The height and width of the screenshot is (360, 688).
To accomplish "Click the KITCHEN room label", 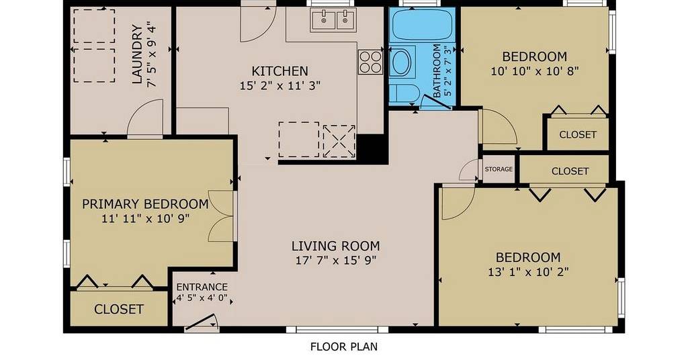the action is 279,71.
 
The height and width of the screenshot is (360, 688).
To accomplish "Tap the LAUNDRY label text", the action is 137,54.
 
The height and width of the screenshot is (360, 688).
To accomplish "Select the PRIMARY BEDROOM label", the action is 145,204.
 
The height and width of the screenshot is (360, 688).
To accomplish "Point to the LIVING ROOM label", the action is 336,246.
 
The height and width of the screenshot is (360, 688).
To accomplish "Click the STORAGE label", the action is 499,169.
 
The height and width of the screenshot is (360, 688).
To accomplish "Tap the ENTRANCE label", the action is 202,287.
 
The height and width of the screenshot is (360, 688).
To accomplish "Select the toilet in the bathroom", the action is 403,93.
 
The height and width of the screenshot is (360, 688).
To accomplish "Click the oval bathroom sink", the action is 400,62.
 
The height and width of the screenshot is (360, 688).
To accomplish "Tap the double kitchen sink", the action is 333,19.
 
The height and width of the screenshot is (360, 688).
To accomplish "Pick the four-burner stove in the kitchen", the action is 370,62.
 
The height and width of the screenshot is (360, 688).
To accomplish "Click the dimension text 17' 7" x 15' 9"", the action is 336,261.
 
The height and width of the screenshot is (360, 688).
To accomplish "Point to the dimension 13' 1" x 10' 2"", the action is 528,272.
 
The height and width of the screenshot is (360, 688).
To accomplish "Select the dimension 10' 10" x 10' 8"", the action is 534,71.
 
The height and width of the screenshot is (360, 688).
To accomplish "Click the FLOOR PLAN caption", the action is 344,347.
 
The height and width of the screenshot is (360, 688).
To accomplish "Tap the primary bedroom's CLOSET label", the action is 118,309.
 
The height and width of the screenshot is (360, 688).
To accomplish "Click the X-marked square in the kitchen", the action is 339,141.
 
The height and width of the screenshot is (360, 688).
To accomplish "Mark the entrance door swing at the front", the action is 202,322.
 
